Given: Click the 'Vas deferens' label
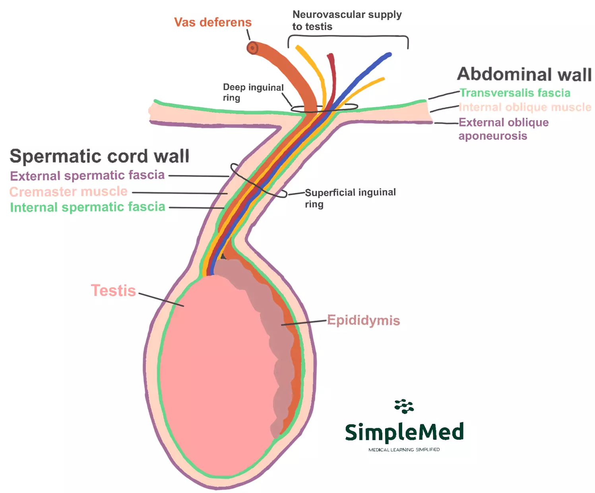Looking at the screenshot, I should coord(213,22).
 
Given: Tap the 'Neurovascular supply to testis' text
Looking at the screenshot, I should coord(347,20).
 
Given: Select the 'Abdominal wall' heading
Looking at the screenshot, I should coord(524,74).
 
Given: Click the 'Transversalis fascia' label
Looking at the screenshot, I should coord(515,93).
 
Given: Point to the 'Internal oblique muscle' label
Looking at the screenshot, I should coord(525,107).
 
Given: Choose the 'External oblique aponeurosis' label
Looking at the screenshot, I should coord(503,129).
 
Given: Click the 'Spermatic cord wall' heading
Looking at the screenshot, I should coord(99,156).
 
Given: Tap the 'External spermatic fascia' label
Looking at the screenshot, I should coord(87,175).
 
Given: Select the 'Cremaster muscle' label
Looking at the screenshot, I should coord(68,191).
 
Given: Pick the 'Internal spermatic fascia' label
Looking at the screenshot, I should coord(87,207).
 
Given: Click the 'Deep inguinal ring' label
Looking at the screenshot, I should coord(253,92).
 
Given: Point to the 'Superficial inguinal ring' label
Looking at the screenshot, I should coord(350,198).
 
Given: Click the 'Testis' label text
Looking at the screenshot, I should coord(113,290).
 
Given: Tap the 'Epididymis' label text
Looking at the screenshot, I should coord(363,320).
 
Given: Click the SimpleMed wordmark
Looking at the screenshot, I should coord(404,432).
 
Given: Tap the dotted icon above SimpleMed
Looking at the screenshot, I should coord(404,406).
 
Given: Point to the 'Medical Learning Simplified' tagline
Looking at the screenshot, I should coord(404,450).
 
